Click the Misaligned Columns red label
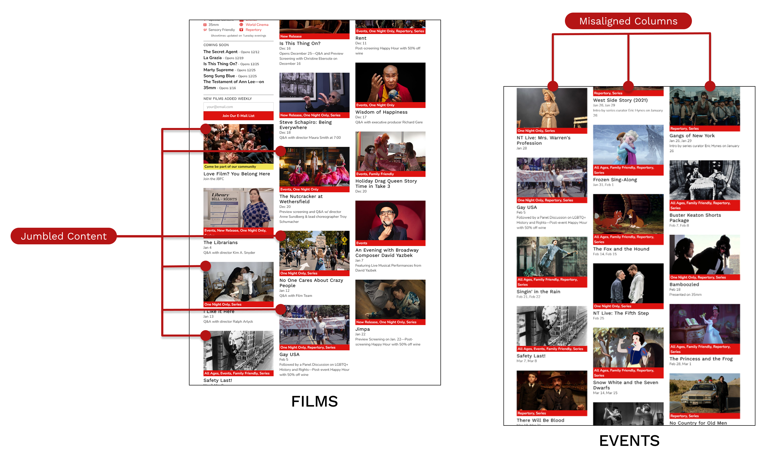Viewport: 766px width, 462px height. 628,21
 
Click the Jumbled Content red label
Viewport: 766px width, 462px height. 64,236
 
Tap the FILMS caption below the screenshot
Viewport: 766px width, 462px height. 314,401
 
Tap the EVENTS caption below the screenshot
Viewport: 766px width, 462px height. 629,441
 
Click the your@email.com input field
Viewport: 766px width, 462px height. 238,107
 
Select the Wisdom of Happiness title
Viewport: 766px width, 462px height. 381,112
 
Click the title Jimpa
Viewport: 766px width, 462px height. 363,329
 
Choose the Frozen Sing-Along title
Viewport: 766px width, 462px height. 615,180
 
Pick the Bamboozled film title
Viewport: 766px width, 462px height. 684,284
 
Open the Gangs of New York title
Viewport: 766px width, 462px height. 692,136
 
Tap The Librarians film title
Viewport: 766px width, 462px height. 220,242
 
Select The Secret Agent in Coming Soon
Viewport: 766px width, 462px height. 220,52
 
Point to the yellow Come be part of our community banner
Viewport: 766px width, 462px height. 238,167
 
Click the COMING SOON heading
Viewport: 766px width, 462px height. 216,45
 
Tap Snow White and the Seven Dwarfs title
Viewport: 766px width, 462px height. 625,385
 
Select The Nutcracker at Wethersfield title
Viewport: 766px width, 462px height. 301,199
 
